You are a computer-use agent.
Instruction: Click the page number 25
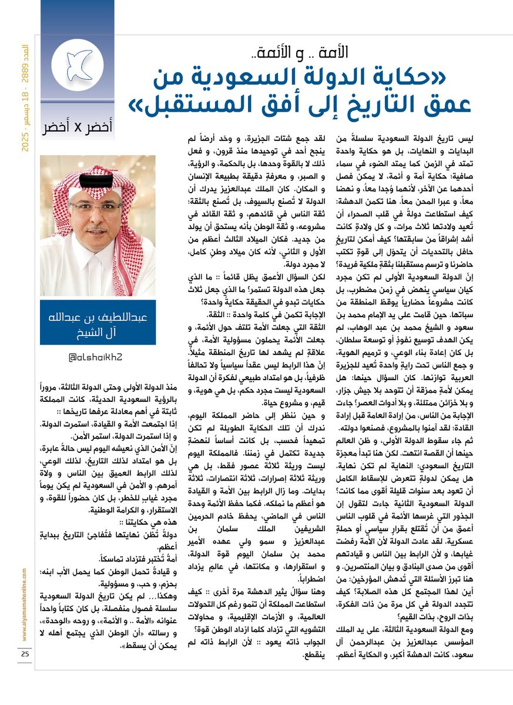click(x=25, y=654)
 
